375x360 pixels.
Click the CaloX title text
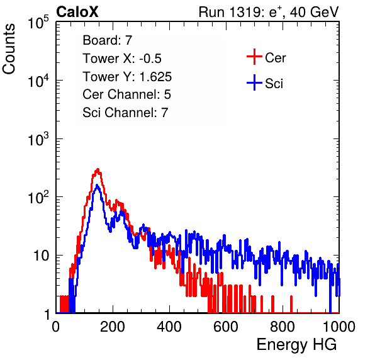click(x=77, y=12)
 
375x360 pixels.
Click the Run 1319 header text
click(x=269, y=12)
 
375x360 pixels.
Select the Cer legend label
click(x=275, y=58)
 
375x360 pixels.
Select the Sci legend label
click(x=274, y=84)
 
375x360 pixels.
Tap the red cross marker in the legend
click(x=254, y=57)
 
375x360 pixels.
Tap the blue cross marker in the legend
click(x=254, y=82)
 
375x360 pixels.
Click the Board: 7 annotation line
click(x=108, y=40)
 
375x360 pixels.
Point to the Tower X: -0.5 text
click(x=122, y=59)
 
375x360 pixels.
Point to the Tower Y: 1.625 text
click(x=127, y=77)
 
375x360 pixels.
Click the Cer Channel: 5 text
click(x=126, y=94)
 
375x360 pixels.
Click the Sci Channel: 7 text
click(x=125, y=113)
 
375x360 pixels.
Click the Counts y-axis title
click(x=9, y=48)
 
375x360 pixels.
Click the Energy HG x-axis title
click(x=296, y=345)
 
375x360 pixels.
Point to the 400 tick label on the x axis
click(x=169, y=327)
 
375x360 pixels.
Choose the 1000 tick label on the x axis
click(x=339, y=327)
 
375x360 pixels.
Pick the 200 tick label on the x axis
click(x=113, y=327)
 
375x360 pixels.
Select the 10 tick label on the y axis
click(x=42, y=256)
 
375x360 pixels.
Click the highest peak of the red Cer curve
click(x=98, y=169)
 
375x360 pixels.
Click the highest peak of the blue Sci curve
click(x=97, y=186)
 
